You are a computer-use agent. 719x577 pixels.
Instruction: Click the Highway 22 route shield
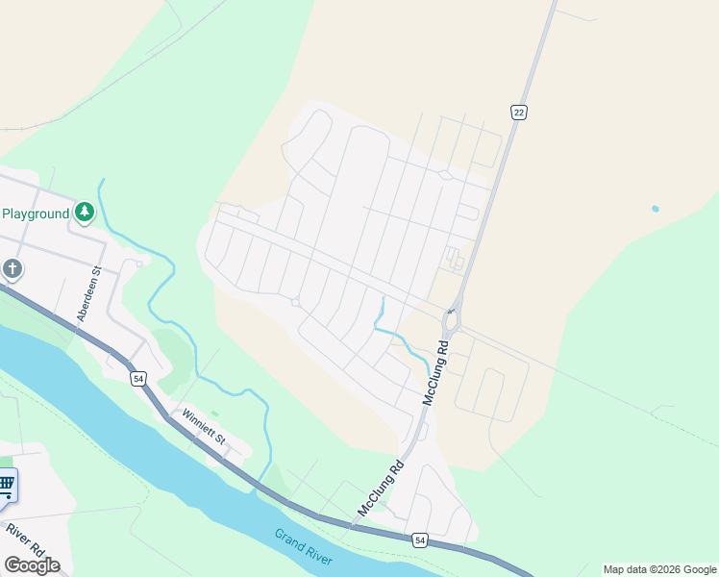click(x=519, y=113)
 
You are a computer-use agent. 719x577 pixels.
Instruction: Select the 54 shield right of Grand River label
click(x=419, y=539)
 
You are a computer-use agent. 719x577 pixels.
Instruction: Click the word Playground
click(x=35, y=213)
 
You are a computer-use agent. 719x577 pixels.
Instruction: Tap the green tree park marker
click(x=85, y=212)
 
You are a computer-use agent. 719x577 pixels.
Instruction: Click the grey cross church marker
click(x=12, y=268)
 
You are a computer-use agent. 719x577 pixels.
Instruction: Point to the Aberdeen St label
click(x=87, y=294)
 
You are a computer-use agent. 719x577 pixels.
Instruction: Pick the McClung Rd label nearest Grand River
click(x=381, y=490)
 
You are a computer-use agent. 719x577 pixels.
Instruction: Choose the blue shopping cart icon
click(x=6, y=485)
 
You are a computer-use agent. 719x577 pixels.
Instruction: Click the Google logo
click(x=33, y=565)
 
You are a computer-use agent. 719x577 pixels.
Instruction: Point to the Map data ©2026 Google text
click(x=659, y=569)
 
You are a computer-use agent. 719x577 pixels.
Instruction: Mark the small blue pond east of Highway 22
click(x=655, y=208)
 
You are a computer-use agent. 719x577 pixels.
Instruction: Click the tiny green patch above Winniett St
click(x=214, y=414)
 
